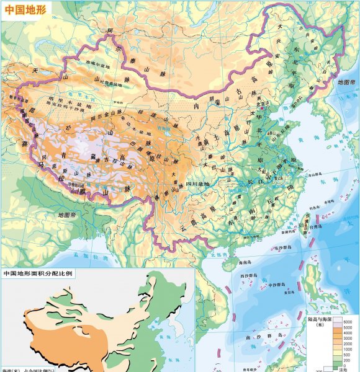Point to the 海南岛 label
[231, 263]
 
